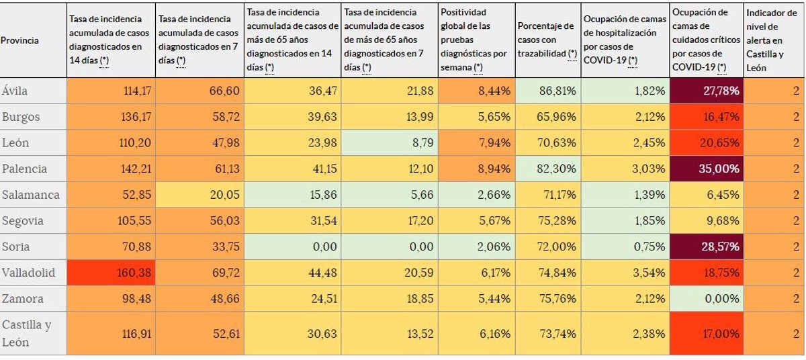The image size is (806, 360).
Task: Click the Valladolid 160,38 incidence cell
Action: [x=111, y=273]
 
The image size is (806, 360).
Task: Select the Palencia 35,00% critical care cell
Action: [x=706, y=169]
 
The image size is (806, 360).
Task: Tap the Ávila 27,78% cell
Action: [x=706, y=91]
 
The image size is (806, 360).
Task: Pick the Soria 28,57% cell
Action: [x=706, y=247]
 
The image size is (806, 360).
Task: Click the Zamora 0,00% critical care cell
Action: [x=706, y=299]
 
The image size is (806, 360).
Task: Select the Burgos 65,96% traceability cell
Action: [x=547, y=117]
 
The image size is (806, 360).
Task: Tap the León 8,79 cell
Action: [x=389, y=142]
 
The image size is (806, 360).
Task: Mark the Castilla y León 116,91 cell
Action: [x=111, y=333]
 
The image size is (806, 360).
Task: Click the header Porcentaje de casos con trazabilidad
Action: [x=547, y=40]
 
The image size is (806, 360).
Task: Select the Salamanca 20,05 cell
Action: [x=199, y=195]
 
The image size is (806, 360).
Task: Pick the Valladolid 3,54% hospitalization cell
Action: [x=625, y=273]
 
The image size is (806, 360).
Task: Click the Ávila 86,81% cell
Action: [x=547, y=91]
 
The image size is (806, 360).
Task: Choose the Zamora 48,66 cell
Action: [x=199, y=299]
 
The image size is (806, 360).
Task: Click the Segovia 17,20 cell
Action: [x=389, y=221]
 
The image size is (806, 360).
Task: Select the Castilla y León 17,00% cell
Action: [x=706, y=333]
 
